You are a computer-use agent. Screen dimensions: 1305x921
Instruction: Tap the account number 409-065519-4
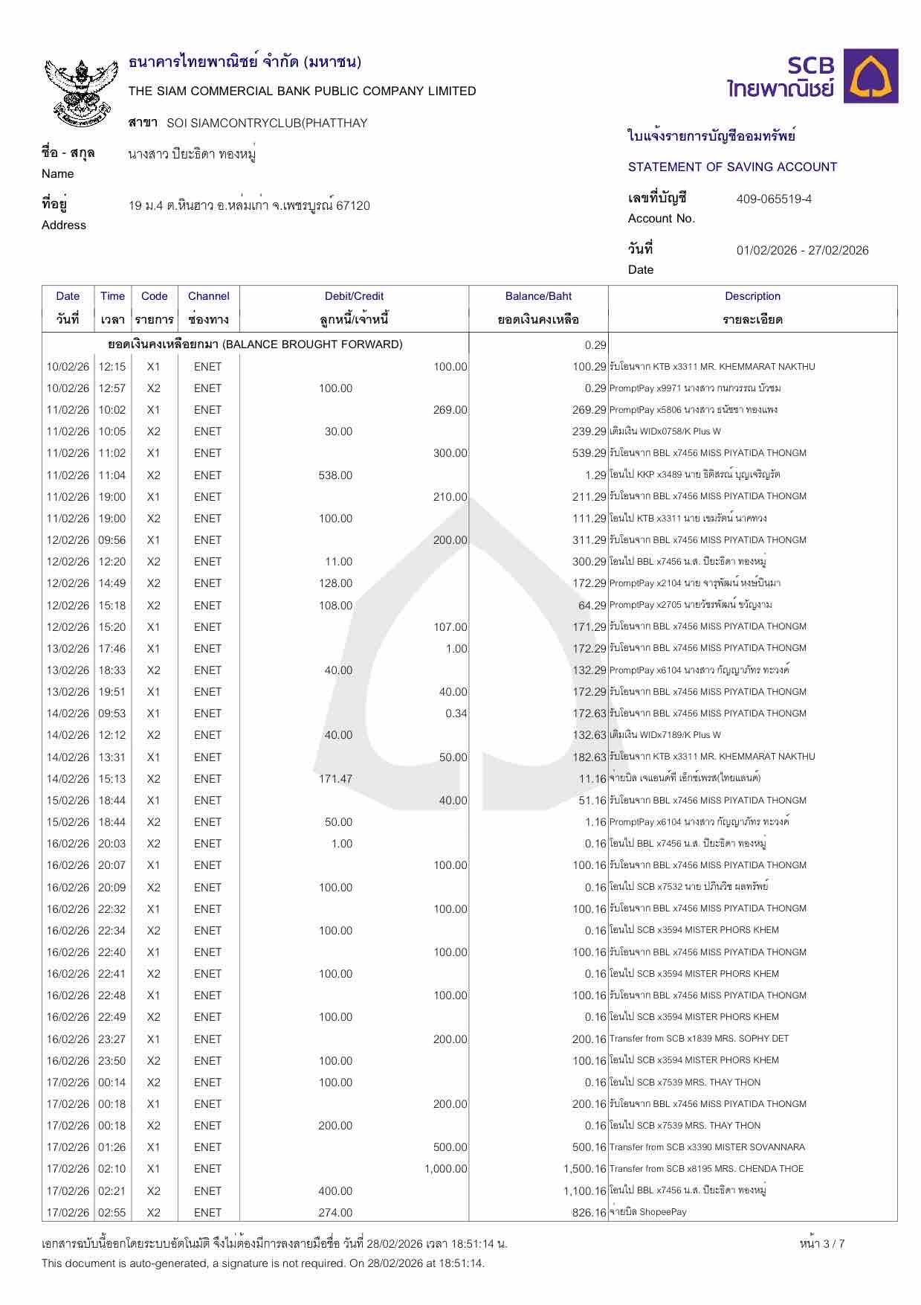tap(774, 199)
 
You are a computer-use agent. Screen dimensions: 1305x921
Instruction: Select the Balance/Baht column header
tap(538, 296)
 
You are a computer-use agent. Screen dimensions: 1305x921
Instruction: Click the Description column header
tap(752, 296)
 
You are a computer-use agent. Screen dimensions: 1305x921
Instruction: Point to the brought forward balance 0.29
tap(595, 344)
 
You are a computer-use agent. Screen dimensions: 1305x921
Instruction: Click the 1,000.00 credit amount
tap(446, 1169)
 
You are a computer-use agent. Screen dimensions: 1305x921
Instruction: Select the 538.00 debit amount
tap(335, 475)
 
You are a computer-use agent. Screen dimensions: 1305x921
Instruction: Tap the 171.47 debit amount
tap(335, 779)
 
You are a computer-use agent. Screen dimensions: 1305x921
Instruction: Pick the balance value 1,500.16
tap(585, 1169)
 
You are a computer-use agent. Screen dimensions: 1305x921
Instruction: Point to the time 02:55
tap(112, 1213)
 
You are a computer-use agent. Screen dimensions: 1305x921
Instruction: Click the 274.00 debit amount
tap(335, 1213)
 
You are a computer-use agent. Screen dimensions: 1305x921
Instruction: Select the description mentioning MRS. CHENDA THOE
tap(706, 1169)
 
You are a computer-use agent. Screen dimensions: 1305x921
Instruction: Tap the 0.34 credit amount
tap(456, 714)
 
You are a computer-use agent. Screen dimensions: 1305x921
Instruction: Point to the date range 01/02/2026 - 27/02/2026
tap(802, 250)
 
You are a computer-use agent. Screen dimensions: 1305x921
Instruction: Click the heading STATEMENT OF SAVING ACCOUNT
tap(732, 167)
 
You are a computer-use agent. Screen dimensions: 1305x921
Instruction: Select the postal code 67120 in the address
tap(353, 205)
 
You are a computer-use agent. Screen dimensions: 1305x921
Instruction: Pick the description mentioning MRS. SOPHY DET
tap(699, 1039)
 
